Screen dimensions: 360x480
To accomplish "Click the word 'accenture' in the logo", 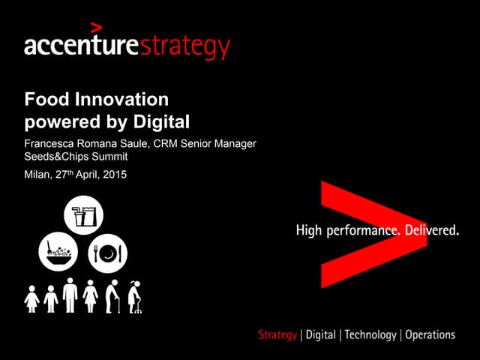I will [82, 46].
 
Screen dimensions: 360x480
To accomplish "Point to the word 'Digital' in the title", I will [163, 120].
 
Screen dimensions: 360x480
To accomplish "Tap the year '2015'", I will [115, 175].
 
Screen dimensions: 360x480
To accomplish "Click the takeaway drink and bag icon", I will [84, 216].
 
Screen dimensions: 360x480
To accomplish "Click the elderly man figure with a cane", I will [112, 296].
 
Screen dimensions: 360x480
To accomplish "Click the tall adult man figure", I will [70, 295].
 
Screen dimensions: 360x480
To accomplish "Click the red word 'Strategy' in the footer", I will [277, 334].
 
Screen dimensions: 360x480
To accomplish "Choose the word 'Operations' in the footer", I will [430, 334].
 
